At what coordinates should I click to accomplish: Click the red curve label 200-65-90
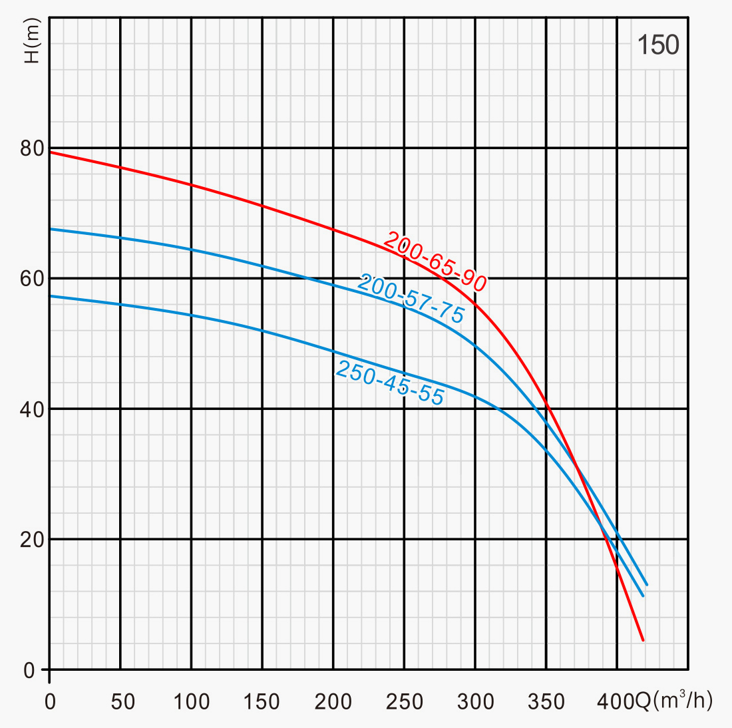coord(435,262)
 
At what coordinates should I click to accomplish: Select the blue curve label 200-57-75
coord(411,299)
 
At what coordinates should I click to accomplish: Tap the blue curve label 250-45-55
coord(389,383)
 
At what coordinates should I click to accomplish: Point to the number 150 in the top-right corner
coord(657,45)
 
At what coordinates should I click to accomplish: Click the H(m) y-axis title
coord(31,41)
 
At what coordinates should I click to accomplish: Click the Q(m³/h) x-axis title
coord(674,700)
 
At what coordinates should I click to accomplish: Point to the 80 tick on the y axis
coord(31,148)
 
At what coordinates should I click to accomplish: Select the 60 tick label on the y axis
coord(31,278)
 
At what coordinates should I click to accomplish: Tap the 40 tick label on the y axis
coord(31,409)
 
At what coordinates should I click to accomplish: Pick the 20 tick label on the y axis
coord(31,539)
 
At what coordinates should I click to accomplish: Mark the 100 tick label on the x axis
coord(192,701)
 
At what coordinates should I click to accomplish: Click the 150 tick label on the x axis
coord(262,701)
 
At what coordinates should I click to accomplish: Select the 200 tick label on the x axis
coord(333,701)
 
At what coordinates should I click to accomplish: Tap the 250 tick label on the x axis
coord(405,701)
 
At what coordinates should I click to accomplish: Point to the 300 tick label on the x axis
coord(475,701)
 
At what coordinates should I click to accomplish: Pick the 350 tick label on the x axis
coord(546,701)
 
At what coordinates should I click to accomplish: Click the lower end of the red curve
coord(643,640)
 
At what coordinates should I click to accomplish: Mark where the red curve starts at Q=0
coord(51,152)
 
